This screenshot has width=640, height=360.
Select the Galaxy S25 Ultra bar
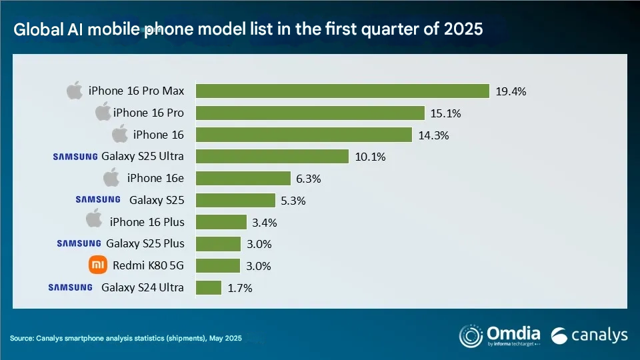(272, 156)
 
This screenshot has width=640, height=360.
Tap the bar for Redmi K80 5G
(218, 265)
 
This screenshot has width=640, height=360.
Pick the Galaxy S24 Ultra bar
(209, 287)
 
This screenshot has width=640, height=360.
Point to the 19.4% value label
(511, 91)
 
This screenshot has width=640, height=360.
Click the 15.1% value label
(445, 113)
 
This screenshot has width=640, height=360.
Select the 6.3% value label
(308, 178)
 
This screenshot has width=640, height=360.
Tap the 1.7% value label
(239, 288)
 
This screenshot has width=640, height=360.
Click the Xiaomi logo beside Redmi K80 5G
(98, 265)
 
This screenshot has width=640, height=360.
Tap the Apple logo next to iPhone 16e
(111, 177)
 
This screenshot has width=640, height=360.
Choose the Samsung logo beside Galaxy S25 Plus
(79, 243)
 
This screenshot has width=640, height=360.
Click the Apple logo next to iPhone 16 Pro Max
(74, 90)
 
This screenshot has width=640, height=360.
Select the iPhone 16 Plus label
(147, 221)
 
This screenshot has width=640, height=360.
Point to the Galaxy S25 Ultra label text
(143, 157)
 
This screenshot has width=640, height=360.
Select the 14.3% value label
(433, 135)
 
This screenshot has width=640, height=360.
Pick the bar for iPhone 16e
(243, 178)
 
